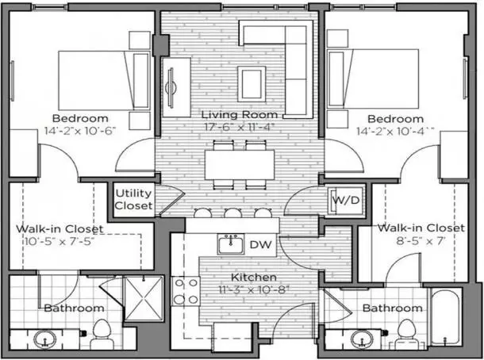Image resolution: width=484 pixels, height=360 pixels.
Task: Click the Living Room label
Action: click(240, 115)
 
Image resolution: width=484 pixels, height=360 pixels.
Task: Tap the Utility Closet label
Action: click(133, 199)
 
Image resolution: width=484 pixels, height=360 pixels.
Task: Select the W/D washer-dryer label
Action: click(346, 200)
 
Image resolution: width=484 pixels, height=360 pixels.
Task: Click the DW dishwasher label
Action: click(260, 245)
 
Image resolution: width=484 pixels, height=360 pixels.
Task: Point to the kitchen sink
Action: click(231, 244)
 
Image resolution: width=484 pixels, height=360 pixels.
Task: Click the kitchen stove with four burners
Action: click(186, 291)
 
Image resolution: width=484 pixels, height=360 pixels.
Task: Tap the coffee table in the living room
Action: click(252, 84)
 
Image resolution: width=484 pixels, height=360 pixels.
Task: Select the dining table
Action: click(240, 165)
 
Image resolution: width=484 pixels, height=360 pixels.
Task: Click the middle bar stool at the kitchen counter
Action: click(232, 213)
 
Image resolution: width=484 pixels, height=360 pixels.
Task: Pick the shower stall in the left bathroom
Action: click(144, 298)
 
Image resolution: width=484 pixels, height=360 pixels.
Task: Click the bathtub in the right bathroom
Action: click(445, 317)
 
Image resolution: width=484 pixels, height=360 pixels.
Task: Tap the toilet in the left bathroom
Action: click(102, 334)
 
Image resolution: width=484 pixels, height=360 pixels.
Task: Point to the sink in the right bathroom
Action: click(363, 339)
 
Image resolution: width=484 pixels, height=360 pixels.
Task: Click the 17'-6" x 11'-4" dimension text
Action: click(239, 127)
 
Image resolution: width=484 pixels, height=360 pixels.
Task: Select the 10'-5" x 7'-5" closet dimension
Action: click(59, 241)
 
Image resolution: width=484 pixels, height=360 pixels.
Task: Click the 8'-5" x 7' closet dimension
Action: click(421, 240)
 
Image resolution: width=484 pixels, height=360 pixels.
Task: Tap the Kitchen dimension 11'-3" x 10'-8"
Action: click(255, 289)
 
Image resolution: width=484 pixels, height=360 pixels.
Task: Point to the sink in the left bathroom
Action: click(45, 339)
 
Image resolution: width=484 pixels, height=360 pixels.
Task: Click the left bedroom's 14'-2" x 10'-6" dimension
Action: click(80, 131)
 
